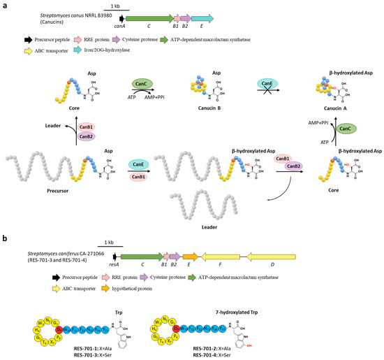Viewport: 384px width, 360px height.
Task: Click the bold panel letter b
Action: [4, 238]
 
